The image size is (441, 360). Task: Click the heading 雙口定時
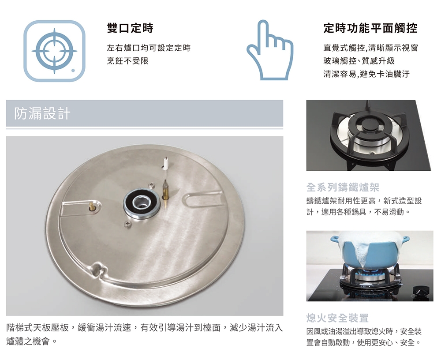[130, 28]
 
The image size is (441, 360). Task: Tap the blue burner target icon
[54, 51]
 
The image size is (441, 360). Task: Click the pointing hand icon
[270, 50]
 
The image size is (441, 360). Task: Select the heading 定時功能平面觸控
[370, 28]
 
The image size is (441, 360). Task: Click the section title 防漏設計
[42, 113]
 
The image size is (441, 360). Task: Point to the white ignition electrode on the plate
[166, 164]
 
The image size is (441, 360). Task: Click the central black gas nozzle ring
[142, 203]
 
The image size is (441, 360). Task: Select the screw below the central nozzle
[128, 224]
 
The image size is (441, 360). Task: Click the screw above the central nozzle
[152, 185]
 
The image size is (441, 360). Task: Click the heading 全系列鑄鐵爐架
[343, 187]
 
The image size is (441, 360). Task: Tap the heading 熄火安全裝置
[337, 318]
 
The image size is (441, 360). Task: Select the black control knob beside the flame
[420, 290]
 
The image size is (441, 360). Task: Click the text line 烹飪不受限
[127, 61]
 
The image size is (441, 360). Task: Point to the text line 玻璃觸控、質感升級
[359, 61]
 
